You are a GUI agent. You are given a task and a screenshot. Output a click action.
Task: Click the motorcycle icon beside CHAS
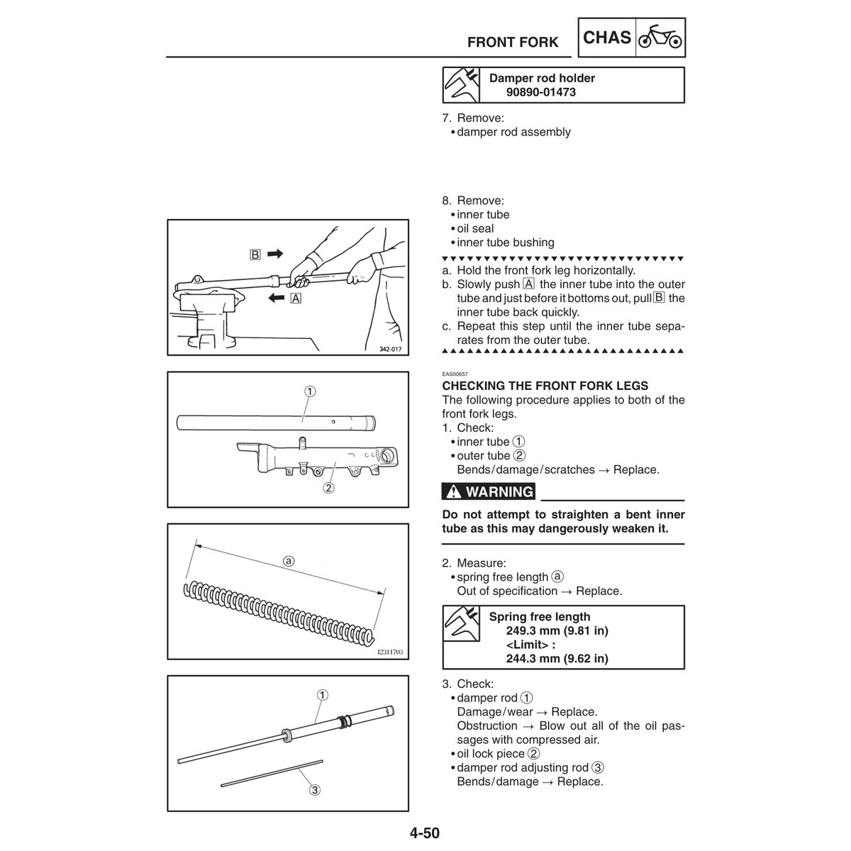(x=661, y=38)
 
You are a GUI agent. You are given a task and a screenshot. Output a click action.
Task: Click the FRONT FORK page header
(x=513, y=43)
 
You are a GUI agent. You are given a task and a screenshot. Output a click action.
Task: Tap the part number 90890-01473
(x=540, y=92)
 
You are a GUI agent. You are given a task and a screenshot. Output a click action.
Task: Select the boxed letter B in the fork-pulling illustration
(x=253, y=253)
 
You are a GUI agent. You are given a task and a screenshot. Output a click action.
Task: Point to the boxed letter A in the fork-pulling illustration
(x=296, y=299)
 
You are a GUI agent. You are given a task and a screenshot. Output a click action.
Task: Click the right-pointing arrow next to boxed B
(x=275, y=253)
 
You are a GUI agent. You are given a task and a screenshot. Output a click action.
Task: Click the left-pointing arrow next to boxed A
(x=274, y=299)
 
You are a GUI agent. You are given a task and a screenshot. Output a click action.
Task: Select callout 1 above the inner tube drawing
(x=311, y=391)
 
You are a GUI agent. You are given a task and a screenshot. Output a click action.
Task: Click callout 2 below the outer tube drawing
(x=328, y=487)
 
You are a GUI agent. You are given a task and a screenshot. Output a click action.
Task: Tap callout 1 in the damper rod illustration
(x=321, y=695)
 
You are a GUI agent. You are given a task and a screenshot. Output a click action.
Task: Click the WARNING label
(x=489, y=491)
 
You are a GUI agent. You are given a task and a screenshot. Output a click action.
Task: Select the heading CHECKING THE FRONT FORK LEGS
(x=545, y=386)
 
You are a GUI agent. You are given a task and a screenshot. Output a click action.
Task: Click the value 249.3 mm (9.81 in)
(x=557, y=630)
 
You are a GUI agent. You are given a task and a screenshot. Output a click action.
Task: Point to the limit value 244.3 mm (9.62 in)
(x=557, y=658)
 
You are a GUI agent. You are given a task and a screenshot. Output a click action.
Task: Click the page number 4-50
(x=423, y=832)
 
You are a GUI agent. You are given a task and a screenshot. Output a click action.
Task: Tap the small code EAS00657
(x=454, y=374)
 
